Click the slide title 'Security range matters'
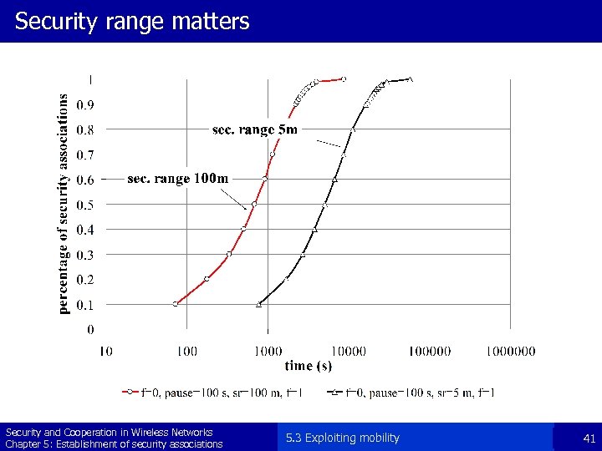tap(132, 22)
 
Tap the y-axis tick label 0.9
tap(85, 105)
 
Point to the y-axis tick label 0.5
tap(85, 205)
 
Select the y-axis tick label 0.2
tap(85, 280)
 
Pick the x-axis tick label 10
tap(105, 352)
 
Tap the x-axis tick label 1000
tap(268, 352)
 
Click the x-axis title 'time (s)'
tap(308, 366)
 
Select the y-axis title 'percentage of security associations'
tap(64, 203)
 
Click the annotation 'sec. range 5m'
tap(254, 129)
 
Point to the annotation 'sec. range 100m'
tap(177, 178)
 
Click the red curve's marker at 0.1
tap(176, 304)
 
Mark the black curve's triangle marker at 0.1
tap(258, 304)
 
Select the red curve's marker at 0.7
tap(273, 155)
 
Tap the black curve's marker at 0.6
tap(334, 180)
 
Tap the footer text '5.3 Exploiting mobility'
tap(342, 438)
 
